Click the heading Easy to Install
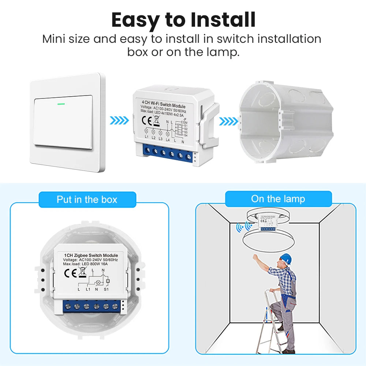click(x=183, y=20)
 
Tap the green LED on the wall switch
click(x=61, y=103)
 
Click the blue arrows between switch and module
click(x=119, y=120)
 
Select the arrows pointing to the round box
click(x=228, y=120)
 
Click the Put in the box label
click(x=87, y=199)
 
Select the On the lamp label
click(x=278, y=199)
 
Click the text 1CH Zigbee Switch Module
click(x=91, y=255)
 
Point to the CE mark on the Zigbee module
click(x=70, y=273)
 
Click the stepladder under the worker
click(x=271, y=322)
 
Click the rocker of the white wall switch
click(x=63, y=122)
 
